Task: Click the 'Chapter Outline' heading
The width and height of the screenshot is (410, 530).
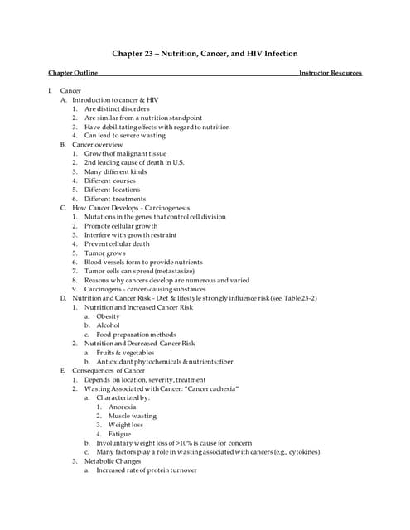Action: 73,73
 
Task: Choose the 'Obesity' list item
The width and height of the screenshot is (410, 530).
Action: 109,316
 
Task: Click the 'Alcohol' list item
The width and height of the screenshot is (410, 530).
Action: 109,325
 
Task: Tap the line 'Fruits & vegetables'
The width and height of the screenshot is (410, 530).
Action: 125,352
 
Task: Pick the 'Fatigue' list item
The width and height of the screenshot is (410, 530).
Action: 119,433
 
